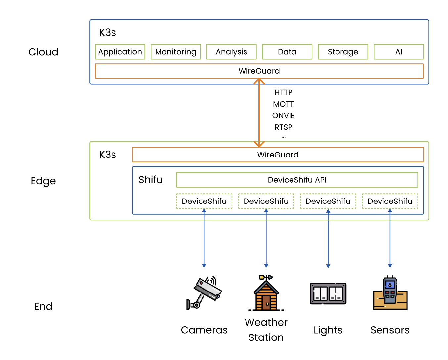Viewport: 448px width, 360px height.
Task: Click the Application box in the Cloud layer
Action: point(120,52)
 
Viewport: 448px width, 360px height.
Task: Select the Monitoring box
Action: point(175,52)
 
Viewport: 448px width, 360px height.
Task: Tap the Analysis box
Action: point(231,52)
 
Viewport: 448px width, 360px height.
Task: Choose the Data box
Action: point(287,52)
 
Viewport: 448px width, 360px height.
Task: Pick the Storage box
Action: point(343,52)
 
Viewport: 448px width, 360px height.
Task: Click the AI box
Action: point(398,52)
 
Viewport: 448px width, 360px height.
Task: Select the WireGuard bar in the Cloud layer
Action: point(259,71)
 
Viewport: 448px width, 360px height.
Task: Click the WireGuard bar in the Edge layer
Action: point(278,155)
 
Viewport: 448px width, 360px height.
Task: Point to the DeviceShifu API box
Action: point(297,180)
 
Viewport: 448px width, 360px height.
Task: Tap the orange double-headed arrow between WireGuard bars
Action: point(259,112)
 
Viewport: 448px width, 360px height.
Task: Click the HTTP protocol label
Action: point(283,92)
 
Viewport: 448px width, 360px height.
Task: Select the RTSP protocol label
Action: point(283,127)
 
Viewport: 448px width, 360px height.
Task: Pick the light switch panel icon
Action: point(328,293)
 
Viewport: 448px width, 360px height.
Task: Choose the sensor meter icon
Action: point(390,293)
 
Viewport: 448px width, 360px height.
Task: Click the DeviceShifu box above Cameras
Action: point(204,201)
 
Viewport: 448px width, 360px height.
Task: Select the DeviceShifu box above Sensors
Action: point(390,201)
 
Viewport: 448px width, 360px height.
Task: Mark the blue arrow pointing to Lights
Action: point(328,238)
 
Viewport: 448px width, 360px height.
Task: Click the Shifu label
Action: point(151,180)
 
